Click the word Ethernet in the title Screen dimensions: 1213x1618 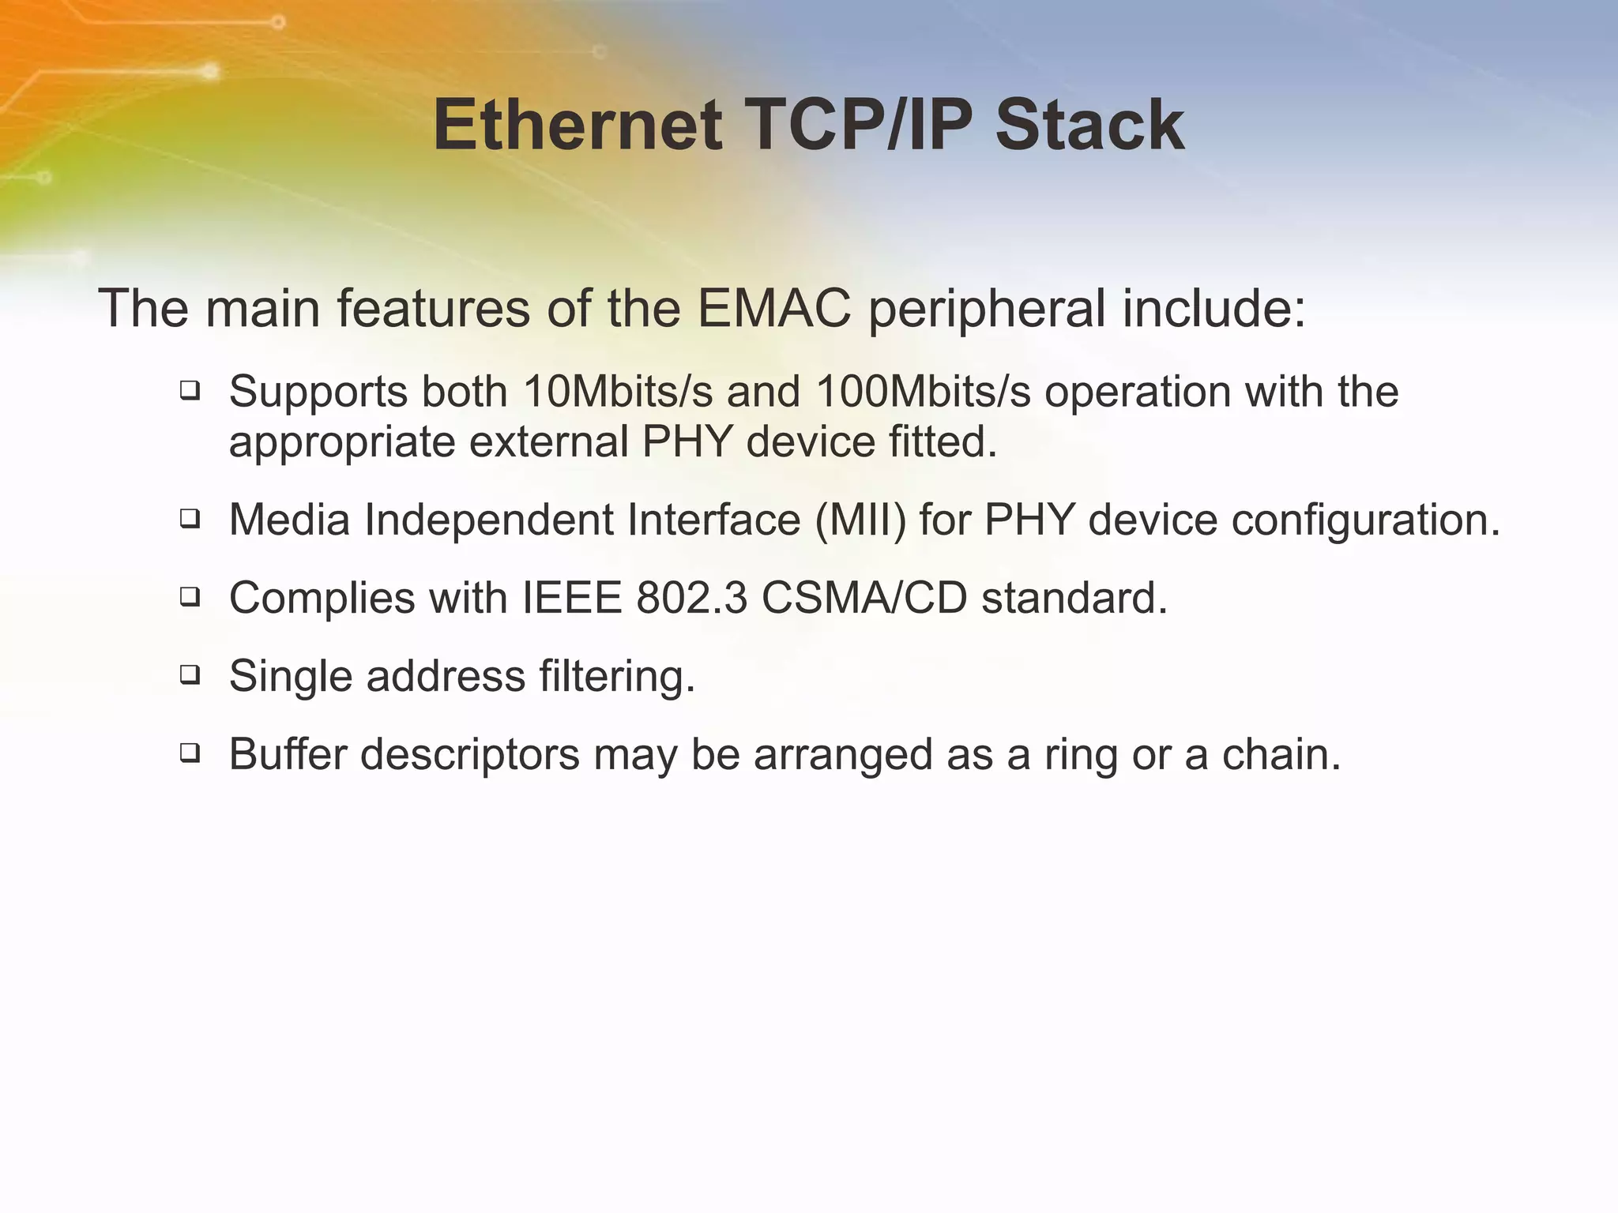tap(578, 126)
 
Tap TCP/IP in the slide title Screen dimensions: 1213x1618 tap(858, 126)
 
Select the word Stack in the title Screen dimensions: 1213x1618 tap(1089, 126)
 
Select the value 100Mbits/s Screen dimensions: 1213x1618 tap(923, 392)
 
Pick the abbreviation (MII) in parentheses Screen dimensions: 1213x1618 tap(860, 520)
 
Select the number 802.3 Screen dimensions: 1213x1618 tap(691, 598)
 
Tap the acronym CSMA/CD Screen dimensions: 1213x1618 tap(864, 598)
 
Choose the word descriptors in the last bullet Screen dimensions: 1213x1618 tap(470, 754)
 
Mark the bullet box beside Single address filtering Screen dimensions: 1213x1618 tap(190, 675)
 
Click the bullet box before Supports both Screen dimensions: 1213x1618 tap(190, 390)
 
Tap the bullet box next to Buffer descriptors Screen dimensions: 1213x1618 tap(190, 753)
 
